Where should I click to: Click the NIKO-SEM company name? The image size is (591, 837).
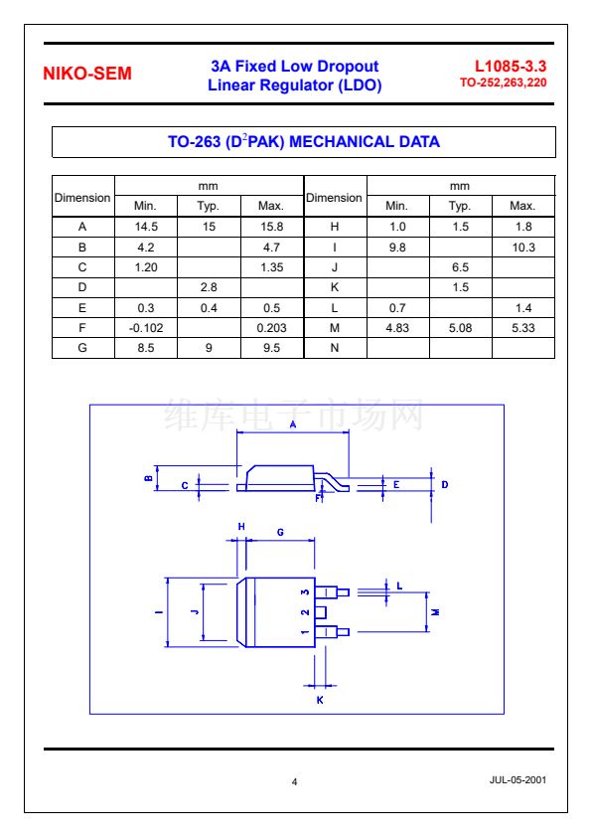(87, 74)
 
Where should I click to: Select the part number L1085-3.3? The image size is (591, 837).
(511, 67)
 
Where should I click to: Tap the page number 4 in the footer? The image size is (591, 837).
(294, 782)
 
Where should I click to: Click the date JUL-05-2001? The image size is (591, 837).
(517, 780)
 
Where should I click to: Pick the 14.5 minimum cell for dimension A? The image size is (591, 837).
(146, 227)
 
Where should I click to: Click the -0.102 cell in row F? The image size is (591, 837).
(146, 328)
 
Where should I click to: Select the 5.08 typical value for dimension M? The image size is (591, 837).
(460, 328)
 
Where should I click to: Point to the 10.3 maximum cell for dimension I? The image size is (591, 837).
(522, 248)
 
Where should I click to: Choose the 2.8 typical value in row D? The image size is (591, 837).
(209, 287)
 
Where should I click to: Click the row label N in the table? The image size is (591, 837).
(335, 348)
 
